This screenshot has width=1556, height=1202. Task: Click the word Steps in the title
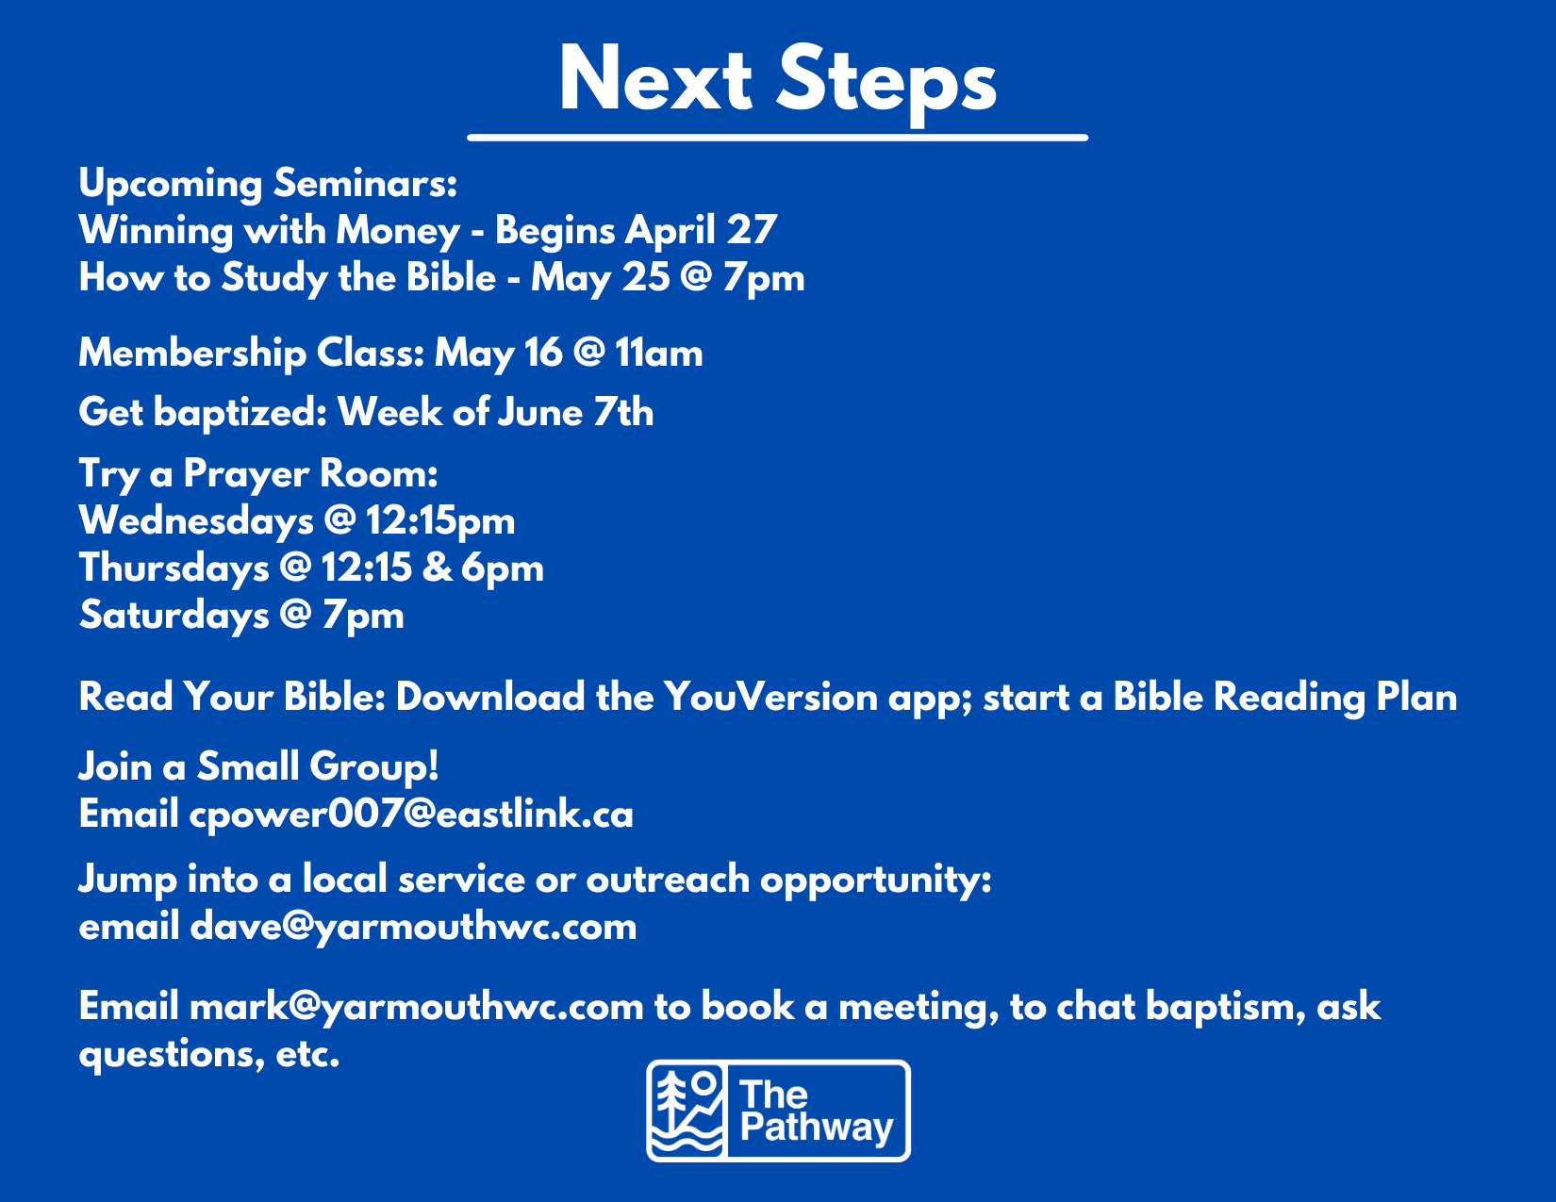tap(886, 82)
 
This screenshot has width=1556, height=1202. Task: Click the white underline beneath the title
tap(778, 138)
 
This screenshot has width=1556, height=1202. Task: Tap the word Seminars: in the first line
tap(365, 183)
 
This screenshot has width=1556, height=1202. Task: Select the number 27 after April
tap(752, 231)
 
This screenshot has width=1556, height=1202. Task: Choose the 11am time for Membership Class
tap(659, 354)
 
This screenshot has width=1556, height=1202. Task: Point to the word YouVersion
tap(770, 698)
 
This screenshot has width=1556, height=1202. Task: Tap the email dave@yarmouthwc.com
tap(413, 927)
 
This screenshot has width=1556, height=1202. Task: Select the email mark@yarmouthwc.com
tap(417, 1007)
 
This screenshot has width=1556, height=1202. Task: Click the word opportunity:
tap(876, 881)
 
